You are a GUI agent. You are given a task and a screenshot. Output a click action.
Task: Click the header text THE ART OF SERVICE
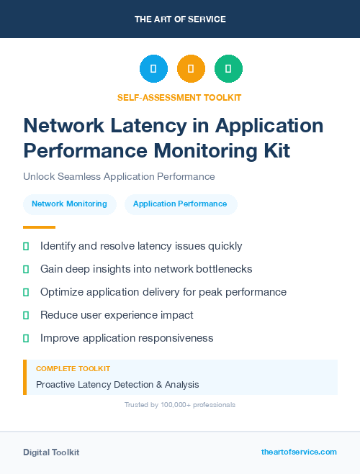[x=180, y=19]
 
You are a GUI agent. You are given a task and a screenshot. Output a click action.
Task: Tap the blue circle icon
[x=153, y=69]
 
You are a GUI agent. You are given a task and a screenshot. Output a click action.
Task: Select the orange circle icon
[x=191, y=69]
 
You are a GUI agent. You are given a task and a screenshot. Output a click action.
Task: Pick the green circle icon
[x=228, y=69]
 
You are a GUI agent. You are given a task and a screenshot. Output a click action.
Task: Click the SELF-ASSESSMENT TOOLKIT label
[x=179, y=97]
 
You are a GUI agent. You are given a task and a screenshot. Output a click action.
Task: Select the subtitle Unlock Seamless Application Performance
[x=119, y=176]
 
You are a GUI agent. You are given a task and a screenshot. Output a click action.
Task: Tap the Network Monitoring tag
[x=69, y=204]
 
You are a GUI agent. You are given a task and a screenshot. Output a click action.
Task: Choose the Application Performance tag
[x=180, y=204]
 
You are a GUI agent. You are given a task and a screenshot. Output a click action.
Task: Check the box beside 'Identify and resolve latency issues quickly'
[x=26, y=246]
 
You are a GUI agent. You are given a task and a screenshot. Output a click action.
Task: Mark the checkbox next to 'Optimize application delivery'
[x=26, y=292]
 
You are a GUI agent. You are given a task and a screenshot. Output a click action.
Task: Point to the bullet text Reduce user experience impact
[x=117, y=315]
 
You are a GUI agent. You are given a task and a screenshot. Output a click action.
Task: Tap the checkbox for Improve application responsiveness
[x=26, y=338]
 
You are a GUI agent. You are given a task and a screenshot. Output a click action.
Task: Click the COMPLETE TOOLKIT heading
[x=73, y=369]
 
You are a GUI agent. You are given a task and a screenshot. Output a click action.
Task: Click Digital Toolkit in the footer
[x=51, y=452]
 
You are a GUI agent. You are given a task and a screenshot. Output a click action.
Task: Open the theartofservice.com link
[x=299, y=452]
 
